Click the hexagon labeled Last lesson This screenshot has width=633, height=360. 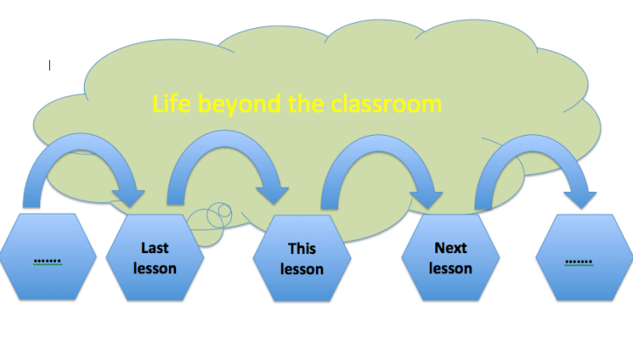155,258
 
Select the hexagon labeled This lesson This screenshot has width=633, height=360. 302,259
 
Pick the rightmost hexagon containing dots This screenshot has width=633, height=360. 578,258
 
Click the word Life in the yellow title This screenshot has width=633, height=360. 172,104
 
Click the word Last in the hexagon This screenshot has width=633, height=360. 155,249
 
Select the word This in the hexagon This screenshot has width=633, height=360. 302,251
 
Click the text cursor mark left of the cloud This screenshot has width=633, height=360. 50,65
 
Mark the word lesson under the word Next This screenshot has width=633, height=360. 450,268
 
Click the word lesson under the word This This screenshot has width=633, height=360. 302,270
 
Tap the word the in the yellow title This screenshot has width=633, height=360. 308,104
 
